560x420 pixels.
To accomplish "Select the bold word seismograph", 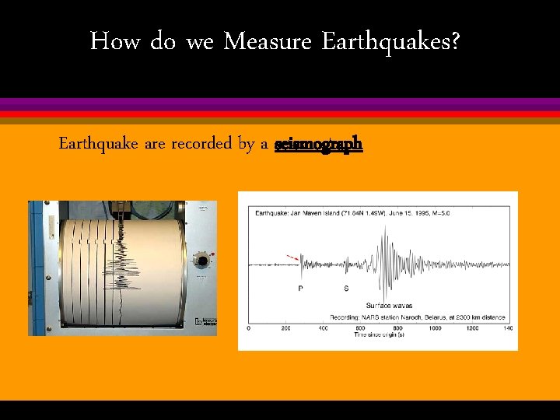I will tap(318, 145).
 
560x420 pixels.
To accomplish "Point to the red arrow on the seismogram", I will tap(293, 257).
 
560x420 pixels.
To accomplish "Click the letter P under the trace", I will tap(301, 289).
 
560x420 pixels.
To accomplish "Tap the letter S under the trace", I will tap(345, 289).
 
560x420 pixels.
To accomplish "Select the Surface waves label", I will tap(389, 306).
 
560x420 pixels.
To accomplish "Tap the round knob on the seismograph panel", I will tap(204, 259).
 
